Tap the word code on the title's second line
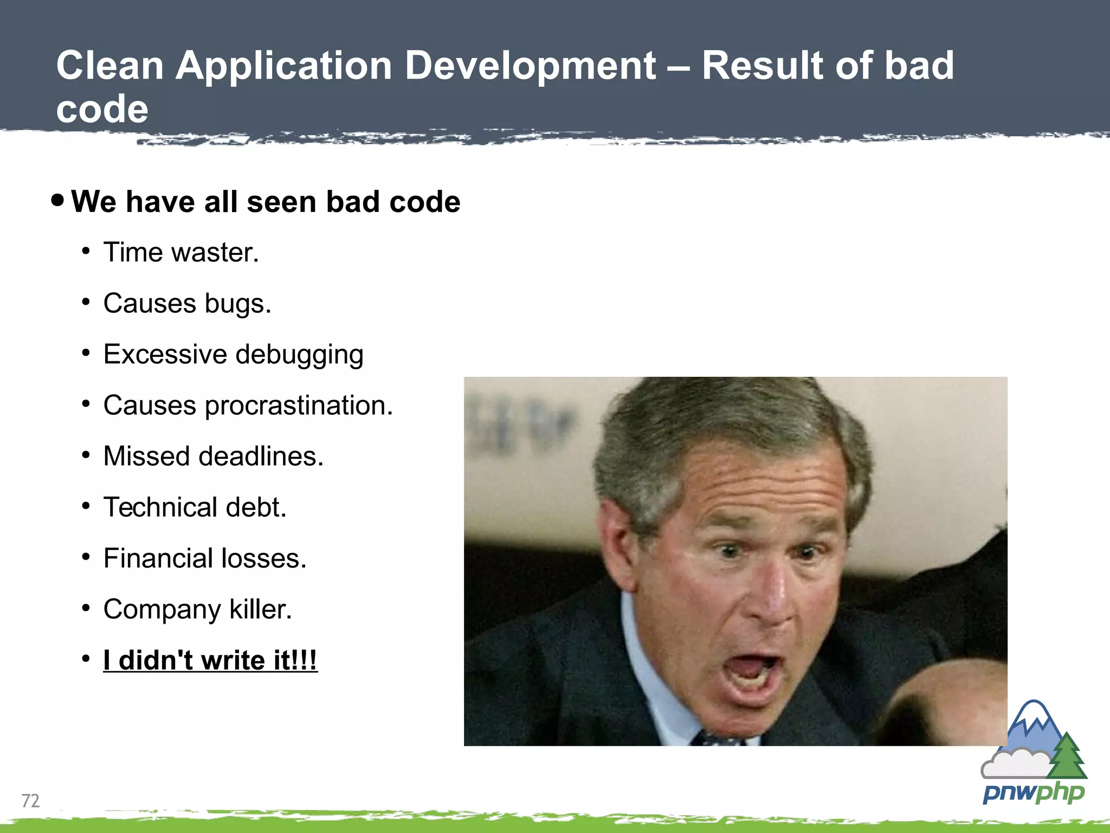[102, 109]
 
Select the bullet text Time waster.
[181, 253]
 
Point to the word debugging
[299, 355]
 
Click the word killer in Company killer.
[260, 610]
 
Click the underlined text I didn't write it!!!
[210, 661]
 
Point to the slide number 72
[30, 800]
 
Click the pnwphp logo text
[1033, 793]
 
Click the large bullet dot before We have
[57, 201]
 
